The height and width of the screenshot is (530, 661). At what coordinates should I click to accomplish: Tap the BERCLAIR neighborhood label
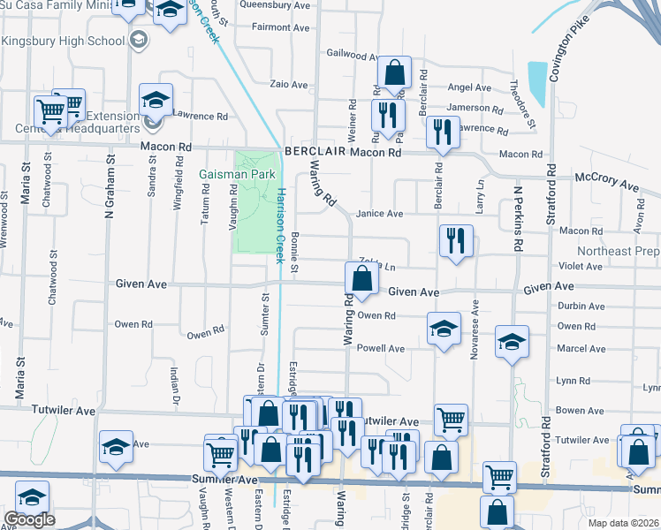(315, 152)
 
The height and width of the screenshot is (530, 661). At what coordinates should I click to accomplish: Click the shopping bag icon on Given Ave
(362, 279)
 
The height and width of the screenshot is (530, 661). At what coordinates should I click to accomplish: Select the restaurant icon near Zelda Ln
(455, 240)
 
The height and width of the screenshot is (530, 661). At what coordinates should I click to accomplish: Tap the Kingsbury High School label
(63, 41)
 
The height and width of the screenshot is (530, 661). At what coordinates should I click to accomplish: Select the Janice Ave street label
(379, 214)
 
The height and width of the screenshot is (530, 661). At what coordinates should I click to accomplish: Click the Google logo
(29, 519)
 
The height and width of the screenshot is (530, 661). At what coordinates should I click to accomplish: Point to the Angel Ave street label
(469, 87)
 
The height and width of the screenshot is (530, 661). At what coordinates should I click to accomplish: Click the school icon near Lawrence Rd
(156, 101)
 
